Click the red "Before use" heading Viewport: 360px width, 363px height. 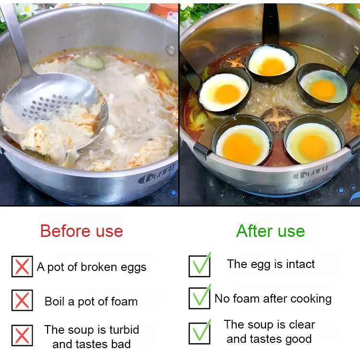[82, 231]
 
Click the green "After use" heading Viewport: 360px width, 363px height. [270, 231]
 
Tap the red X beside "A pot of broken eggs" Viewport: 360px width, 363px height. [22, 267]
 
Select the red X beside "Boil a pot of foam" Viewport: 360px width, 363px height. [22, 300]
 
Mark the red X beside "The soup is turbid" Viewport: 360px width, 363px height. [22, 336]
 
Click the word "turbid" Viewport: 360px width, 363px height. [124, 329]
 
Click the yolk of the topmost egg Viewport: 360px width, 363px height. [272, 67]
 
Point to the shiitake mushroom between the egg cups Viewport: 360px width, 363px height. [277, 119]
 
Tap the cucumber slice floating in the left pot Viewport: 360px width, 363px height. [90, 62]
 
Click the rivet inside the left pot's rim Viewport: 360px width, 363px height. [170, 50]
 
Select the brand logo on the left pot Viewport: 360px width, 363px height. [156, 175]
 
